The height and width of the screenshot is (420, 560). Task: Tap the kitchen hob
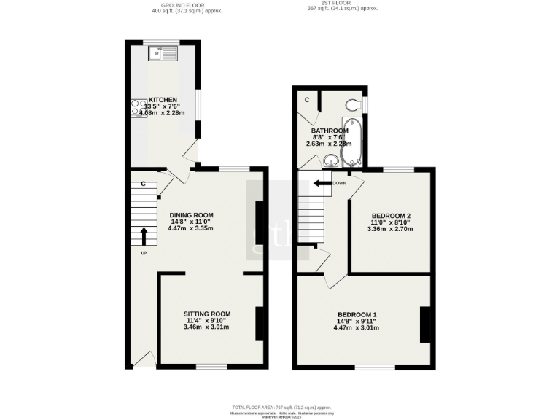pos(138,108)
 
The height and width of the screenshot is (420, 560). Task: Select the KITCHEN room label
pos(163,100)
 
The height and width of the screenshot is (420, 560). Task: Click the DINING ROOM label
pos(191,214)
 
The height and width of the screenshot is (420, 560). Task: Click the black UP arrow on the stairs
pos(143,236)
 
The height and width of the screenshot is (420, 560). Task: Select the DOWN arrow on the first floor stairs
pos(322,183)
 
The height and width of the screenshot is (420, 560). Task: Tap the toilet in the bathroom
pos(353,105)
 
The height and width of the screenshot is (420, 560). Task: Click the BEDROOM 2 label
pos(392,216)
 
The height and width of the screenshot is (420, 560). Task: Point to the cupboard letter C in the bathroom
pos(307,99)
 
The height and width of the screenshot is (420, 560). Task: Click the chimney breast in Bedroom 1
pos(427,324)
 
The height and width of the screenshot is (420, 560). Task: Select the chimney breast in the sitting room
pos(259,323)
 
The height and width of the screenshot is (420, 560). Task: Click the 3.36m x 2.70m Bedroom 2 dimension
pos(392,229)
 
